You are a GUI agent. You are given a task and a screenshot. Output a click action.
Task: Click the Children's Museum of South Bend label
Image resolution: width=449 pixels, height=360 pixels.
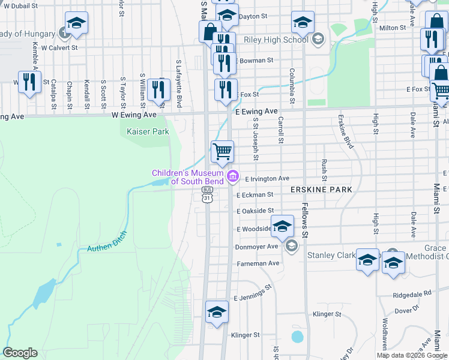click(x=187, y=178)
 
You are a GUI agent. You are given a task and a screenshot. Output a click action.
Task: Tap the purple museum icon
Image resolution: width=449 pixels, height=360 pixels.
click(x=233, y=177)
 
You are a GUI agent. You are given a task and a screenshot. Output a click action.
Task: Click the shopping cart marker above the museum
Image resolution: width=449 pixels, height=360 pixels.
click(x=222, y=151)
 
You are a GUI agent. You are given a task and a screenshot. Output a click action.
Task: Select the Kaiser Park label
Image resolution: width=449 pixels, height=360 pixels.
click(x=141, y=131)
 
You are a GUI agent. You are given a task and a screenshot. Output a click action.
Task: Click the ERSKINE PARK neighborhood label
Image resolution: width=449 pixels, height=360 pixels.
click(x=320, y=190)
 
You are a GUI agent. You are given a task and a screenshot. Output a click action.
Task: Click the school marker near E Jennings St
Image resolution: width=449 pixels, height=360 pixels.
click(x=217, y=313)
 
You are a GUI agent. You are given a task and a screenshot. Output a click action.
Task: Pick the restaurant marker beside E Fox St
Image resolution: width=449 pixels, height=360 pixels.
click(x=226, y=90)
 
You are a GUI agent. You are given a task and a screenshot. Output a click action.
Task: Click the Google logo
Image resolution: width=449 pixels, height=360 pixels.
click(x=20, y=353)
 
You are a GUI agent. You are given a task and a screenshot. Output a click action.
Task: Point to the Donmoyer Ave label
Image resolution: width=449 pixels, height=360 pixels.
click(x=256, y=247)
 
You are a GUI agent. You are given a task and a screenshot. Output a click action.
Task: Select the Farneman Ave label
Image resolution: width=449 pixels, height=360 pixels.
click(x=258, y=263)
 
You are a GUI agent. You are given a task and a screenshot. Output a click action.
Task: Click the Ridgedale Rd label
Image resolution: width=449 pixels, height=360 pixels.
click(x=412, y=294)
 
